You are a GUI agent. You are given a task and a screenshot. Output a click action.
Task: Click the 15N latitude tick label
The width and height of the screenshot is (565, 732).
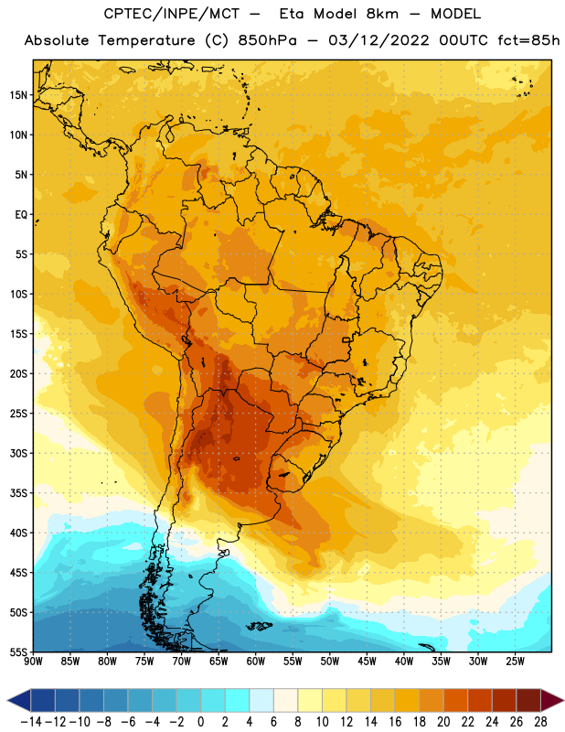click(x=18, y=95)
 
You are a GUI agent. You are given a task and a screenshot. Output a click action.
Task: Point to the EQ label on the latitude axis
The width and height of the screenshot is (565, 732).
click(x=21, y=215)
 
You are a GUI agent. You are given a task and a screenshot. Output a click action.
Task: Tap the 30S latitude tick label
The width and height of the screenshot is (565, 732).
click(x=18, y=453)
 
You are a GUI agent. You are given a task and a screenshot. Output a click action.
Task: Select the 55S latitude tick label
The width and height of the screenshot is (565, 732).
click(x=18, y=652)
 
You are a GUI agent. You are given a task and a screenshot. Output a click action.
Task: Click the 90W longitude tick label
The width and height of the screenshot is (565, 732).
click(x=33, y=661)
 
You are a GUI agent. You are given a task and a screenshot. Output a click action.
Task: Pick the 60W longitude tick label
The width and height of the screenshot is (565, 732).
click(x=256, y=661)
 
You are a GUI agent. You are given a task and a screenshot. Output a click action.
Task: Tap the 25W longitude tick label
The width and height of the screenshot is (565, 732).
click(x=515, y=661)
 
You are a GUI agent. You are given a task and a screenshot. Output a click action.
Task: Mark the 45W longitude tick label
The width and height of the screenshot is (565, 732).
click(x=367, y=661)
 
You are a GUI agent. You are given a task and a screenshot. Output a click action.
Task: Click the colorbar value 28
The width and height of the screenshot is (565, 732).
click(x=540, y=722)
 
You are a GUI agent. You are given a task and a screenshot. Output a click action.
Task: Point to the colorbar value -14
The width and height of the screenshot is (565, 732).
click(x=31, y=722)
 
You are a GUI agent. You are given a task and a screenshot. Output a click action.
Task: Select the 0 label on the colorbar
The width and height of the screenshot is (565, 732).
click(x=200, y=722)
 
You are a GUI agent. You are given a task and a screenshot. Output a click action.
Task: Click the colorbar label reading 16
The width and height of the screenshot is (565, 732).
click(x=395, y=722)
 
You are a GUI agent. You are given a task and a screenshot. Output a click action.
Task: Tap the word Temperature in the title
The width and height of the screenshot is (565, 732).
click(x=146, y=40)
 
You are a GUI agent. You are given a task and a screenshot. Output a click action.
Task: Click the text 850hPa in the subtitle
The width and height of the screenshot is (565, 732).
click(x=267, y=40)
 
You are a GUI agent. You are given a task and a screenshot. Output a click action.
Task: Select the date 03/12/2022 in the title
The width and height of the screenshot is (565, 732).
click(x=378, y=40)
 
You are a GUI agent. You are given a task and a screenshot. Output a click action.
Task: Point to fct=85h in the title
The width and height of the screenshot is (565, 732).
click(x=528, y=40)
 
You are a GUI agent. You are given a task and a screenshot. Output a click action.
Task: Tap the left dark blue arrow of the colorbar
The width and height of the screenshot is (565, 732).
click(x=18, y=701)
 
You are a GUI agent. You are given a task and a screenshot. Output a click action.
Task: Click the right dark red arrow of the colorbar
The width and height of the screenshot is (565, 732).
click(x=552, y=701)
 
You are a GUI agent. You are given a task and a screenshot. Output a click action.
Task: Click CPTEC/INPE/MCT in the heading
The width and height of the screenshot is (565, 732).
click(x=171, y=14)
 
